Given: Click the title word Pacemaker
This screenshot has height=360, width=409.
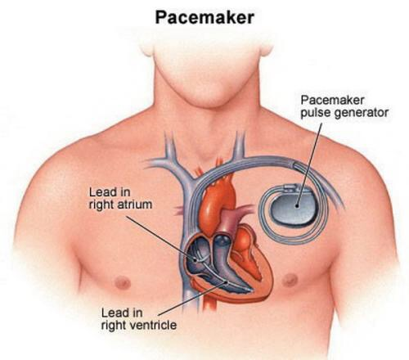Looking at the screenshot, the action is pos(204,17).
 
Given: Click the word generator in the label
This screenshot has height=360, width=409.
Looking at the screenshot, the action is pos(362,113).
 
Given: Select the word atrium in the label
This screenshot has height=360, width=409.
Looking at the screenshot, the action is pos(133,205).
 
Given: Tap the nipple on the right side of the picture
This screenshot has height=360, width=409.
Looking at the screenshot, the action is pos(290,280).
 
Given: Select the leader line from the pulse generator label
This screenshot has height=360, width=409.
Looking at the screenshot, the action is pos(309,164).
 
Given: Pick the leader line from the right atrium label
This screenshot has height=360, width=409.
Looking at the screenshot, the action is pos(161,238).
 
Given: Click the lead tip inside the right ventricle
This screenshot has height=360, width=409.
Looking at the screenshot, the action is pos(246,290).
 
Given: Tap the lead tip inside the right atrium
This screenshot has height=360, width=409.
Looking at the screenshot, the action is pos(196,260).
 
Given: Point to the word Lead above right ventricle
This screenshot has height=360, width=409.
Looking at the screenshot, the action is pos(122,313).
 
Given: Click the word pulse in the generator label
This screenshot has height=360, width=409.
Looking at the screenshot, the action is pos(316,113).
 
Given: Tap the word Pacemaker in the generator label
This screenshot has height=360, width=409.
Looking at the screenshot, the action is pos(332,100).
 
